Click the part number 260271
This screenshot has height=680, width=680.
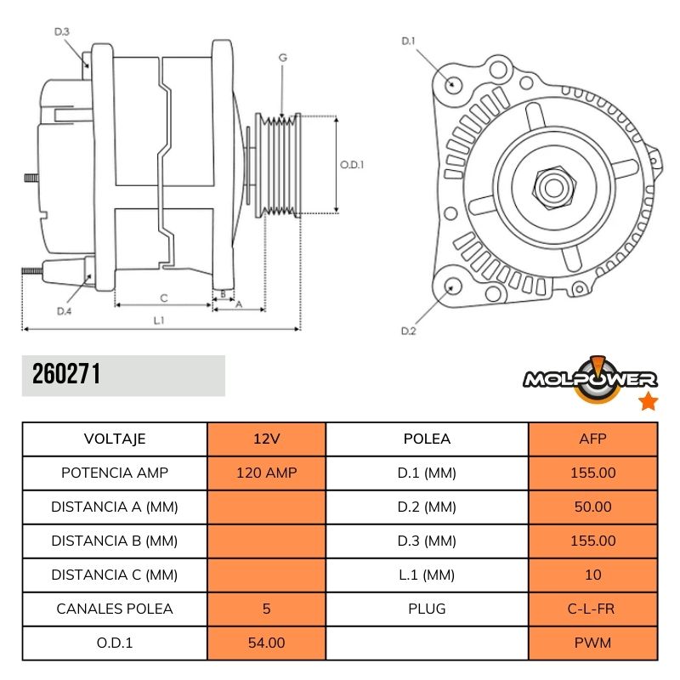coord(66,375)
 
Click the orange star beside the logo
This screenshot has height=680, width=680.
coord(648,402)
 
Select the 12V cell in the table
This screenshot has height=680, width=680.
coord(266,439)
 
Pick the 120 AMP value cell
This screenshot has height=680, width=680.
coord(266,473)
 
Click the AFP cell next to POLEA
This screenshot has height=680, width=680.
coord(592,439)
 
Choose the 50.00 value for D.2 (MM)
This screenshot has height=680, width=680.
coord(592,507)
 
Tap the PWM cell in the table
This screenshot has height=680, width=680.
coord(592,643)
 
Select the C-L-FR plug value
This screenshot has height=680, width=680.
coord(592,609)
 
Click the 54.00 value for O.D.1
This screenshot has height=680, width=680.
coord(266,643)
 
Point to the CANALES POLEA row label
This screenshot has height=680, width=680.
coord(115,609)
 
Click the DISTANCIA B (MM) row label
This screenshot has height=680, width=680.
coord(115,541)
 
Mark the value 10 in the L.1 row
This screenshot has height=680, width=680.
coord(592,575)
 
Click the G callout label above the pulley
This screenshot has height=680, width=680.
coord(282,58)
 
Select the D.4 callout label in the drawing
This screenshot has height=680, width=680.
coord(64,311)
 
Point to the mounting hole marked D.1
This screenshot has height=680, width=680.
coord(453,84)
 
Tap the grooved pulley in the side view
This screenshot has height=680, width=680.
coord(280,165)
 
